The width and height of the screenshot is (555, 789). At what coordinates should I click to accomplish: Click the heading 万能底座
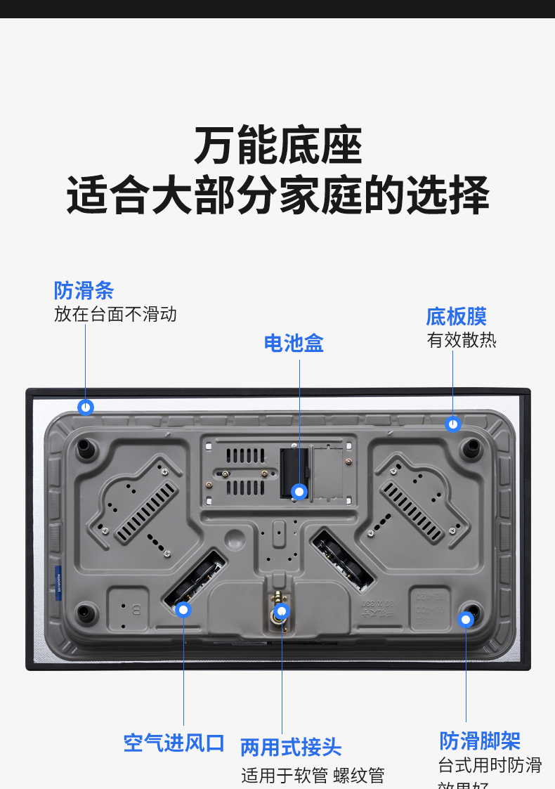point(277,146)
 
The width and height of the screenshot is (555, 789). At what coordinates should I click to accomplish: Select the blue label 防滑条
point(84,291)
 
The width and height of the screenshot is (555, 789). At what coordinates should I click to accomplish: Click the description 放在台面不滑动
point(115,314)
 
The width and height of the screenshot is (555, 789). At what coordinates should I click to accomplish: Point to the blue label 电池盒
point(294,344)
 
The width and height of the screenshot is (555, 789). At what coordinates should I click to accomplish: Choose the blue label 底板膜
point(456,316)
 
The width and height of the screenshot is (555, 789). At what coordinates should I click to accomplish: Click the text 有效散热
point(462,341)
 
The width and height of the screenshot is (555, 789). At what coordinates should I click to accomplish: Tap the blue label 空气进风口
point(174,743)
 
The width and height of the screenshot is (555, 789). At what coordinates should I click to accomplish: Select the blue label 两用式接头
point(291,747)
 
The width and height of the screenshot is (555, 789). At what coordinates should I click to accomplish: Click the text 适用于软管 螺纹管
point(313,776)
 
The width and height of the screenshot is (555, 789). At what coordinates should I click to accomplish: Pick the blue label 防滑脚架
point(480,741)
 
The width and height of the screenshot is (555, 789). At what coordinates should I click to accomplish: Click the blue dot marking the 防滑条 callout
point(86,407)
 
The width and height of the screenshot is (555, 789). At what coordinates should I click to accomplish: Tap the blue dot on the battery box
point(300,491)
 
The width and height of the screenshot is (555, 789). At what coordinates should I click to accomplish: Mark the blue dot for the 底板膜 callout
point(453,424)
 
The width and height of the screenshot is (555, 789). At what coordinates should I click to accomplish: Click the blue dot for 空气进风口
point(183,609)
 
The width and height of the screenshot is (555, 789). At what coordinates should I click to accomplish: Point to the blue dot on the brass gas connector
point(282,611)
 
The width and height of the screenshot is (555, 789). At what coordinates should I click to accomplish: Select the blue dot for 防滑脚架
point(466,619)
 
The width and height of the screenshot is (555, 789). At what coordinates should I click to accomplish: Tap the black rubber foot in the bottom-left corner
point(84,611)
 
